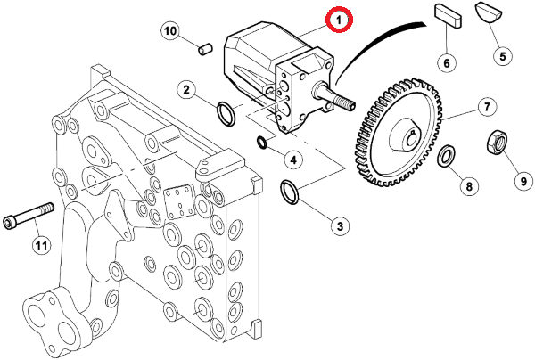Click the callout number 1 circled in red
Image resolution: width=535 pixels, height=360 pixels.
point(339,20)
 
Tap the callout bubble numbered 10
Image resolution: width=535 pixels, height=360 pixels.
point(170,31)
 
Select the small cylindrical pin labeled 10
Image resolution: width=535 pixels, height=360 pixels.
point(205,49)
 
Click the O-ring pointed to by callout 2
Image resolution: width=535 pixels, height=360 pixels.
point(226,113)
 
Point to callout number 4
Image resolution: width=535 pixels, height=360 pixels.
point(293,159)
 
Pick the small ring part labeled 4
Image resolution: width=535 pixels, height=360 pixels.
point(262,142)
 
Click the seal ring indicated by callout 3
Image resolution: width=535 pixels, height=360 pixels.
point(289,192)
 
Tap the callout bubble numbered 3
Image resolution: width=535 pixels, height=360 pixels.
point(340,226)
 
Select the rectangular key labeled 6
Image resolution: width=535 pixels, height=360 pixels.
point(449,15)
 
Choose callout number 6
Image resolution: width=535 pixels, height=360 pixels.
point(448,62)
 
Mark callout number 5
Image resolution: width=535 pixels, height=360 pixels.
point(503,55)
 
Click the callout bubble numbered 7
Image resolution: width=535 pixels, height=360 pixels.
point(487,107)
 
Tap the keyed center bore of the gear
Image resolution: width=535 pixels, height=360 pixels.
point(410,138)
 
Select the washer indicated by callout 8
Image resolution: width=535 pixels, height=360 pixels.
point(446,156)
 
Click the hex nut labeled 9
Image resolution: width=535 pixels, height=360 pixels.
point(497,143)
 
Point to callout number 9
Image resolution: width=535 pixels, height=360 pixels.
point(523,181)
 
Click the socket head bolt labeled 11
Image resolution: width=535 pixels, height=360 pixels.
point(29,216)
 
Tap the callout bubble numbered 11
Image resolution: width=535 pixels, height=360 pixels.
point(41,245)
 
